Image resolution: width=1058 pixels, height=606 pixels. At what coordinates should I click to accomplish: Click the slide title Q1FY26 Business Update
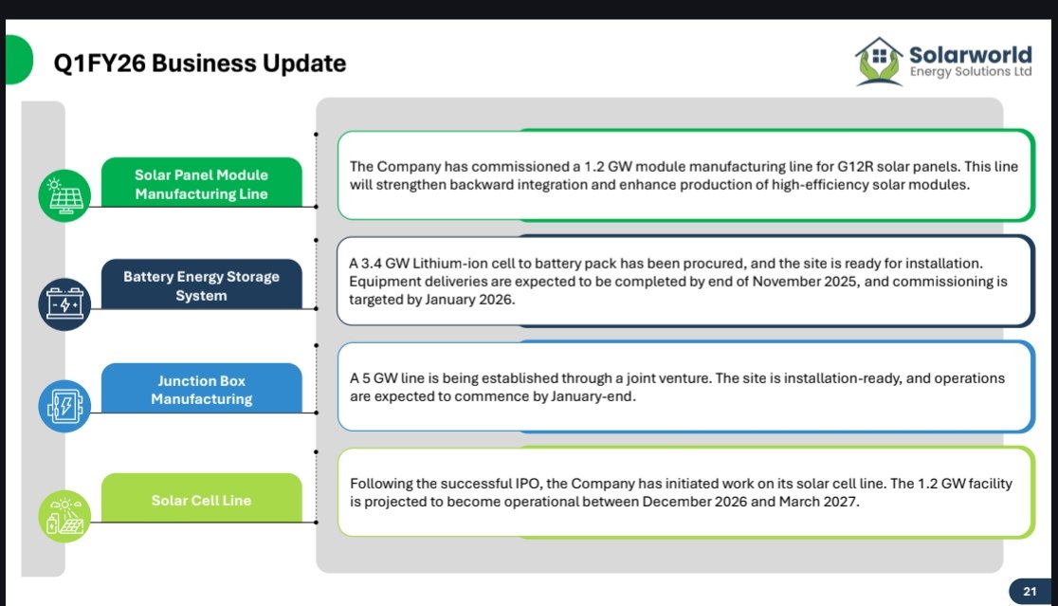click(200, 64)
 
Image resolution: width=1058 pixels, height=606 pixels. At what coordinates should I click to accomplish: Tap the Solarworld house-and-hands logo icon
click(879, 62)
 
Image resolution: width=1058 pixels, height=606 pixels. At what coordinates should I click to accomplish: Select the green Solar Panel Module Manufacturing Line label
click(201, 184)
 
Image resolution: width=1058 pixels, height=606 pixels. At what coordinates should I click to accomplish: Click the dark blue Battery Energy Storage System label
click(201, 286)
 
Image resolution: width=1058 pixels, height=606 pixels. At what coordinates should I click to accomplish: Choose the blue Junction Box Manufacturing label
click(201, 390)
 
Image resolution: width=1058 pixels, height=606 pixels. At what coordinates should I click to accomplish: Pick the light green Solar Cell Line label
click(201, 500)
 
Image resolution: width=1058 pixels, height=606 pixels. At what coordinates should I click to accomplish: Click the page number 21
click(1030, 592)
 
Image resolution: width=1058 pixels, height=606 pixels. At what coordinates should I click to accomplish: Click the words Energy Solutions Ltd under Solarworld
click(970, 72)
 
